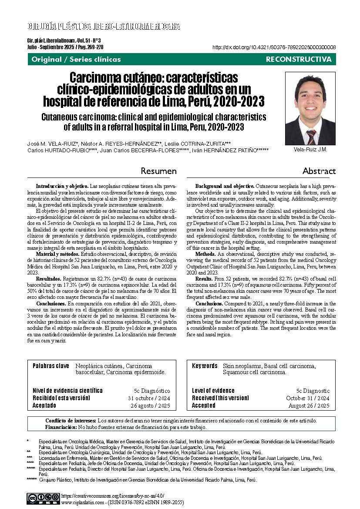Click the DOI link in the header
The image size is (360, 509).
274,47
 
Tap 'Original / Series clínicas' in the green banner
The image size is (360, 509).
76,59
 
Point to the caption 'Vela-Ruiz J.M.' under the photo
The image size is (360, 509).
310,150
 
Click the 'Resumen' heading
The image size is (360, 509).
158,171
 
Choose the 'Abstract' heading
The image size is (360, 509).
319,171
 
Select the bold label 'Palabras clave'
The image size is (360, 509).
50,366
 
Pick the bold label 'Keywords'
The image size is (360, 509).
205,366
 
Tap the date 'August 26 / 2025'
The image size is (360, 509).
309,405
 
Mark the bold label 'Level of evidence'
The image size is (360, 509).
213,391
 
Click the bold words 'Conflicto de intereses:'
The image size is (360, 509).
71,421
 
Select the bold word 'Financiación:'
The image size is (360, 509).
61,427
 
